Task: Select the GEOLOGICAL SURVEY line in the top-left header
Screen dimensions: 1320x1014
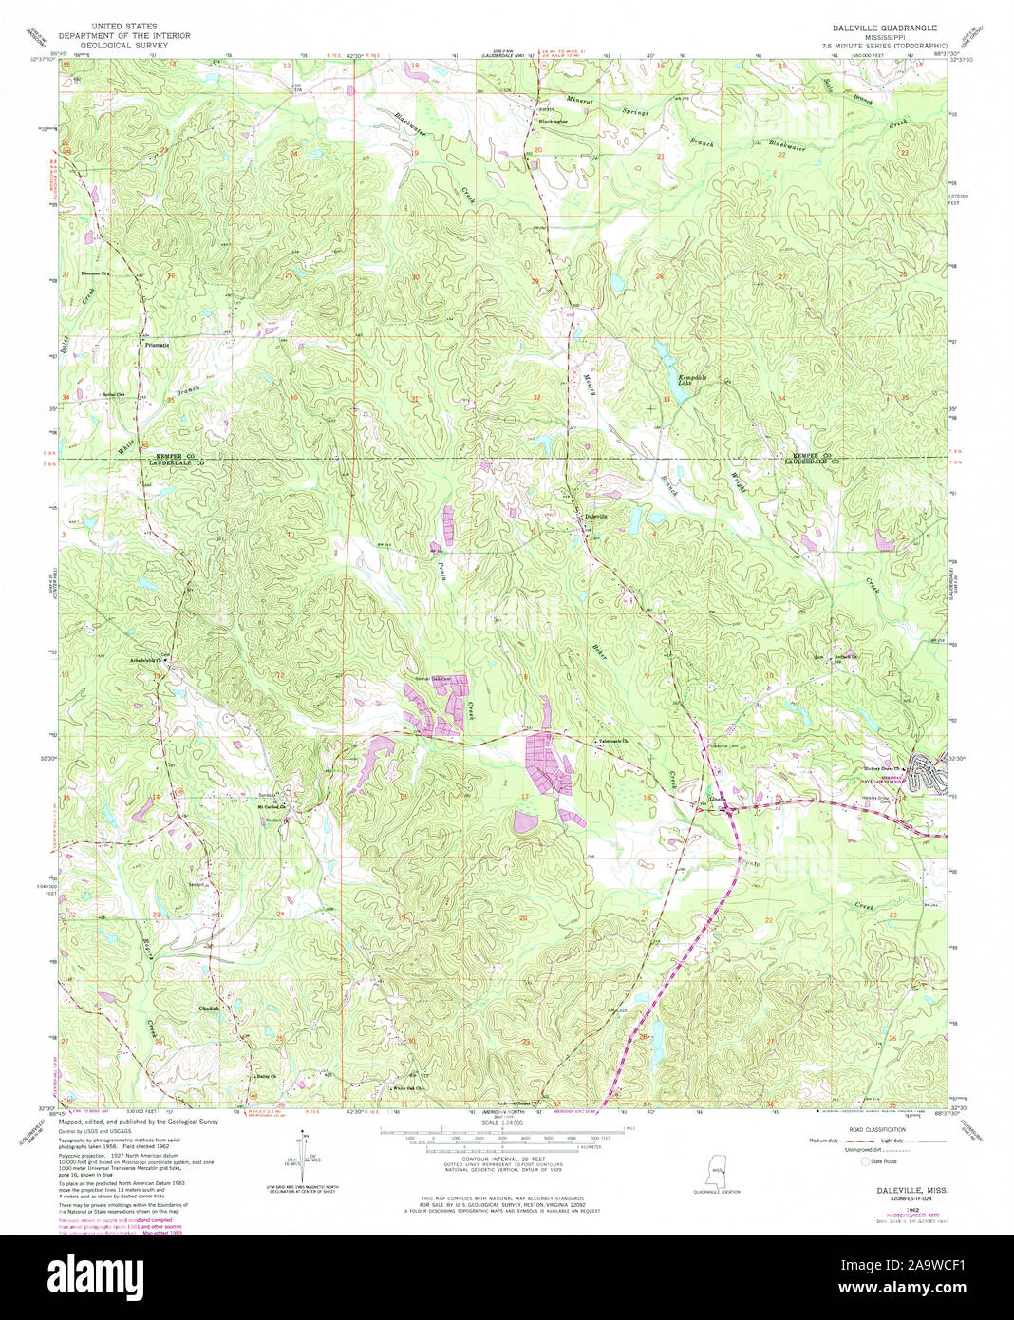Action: [x=124, y=44]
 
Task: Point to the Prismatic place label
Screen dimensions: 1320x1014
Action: [x=158, y=344]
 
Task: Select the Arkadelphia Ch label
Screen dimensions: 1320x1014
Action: [x=149, y=660]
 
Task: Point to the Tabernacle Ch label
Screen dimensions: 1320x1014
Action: [x=613, y=742]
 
